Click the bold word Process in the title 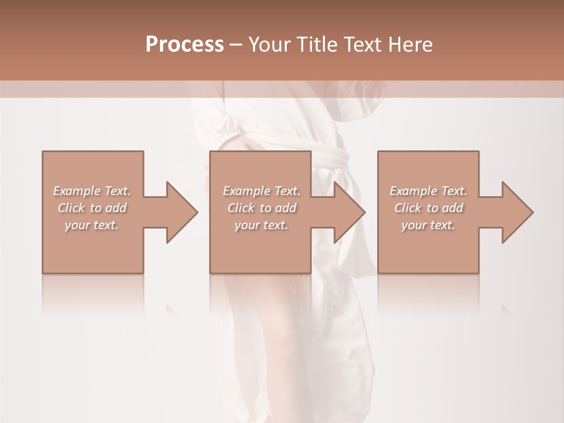(184, 45)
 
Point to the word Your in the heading (269, 45)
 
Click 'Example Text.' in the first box (92, 191)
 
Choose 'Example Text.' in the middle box (261, 191)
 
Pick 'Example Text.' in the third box (428, 191)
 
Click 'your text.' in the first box (92, 225)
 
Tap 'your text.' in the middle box (261, 225)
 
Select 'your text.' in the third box (428, 225)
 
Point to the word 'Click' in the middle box (241, 208)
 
